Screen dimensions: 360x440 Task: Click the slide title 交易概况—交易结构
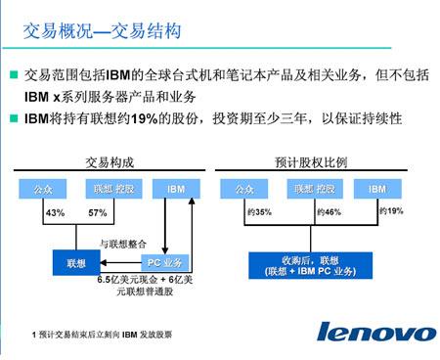(102, 31)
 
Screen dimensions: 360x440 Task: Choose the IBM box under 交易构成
(176, 187)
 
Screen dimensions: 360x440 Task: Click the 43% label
(56, 213)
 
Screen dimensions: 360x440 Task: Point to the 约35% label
(259, 211)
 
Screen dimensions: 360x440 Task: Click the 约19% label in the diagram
(390, 211)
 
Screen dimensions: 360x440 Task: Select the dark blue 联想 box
(75, 263)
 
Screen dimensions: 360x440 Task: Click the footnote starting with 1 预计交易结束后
(102, 335)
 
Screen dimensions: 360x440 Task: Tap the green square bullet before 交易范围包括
(13, 74)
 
